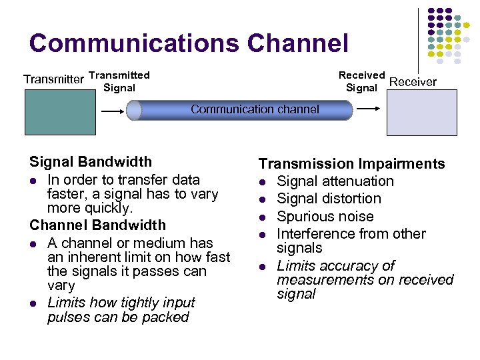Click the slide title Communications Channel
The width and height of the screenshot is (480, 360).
coord(189,43)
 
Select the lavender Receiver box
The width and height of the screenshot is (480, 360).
coord(423,113)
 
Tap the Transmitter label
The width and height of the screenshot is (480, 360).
coord(53,80)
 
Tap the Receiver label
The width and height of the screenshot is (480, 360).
coord(413,82)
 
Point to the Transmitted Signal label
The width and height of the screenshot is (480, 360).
coord(119,81)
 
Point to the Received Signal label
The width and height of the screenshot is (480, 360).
coord(361,81)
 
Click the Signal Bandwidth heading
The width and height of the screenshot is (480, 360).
coord(91,162)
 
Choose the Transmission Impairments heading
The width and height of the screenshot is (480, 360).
coord(351,164)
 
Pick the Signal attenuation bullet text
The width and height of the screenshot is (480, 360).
coord(335,181)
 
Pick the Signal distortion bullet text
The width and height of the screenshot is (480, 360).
coord(329,199)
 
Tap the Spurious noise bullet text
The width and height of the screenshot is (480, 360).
coord(325,217)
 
